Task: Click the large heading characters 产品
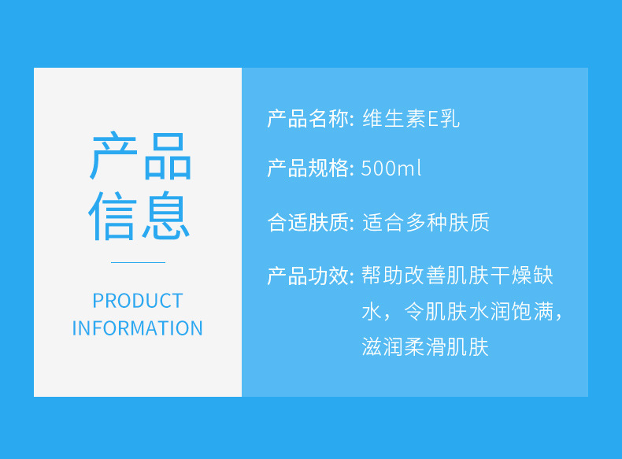point(141,156)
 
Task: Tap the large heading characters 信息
point(139,216)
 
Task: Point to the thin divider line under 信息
point(138,262)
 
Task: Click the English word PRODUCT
point(138,301)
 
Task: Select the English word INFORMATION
point(137,328)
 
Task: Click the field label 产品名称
point(308,119)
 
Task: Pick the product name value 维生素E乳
point(411,119)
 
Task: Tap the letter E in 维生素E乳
point(432,119)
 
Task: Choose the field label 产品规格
point(308,168)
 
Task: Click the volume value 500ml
point(391,168)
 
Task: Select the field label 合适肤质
point(308,222)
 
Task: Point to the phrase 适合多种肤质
point(426,222)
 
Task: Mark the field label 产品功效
point(308,276)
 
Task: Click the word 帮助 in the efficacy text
point(383,276)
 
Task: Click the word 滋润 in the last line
point(383,346)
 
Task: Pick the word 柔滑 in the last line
point(425,346)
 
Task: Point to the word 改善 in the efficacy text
point(425,276)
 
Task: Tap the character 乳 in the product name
point(450,119)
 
